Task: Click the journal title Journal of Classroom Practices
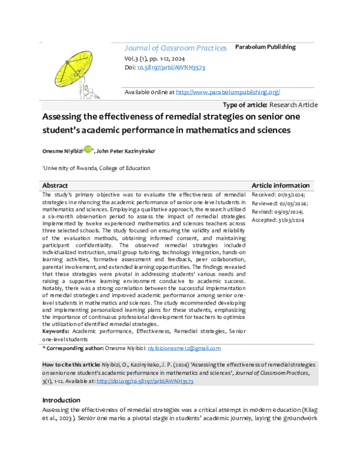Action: [175, 48]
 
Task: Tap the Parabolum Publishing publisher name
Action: [265, 47]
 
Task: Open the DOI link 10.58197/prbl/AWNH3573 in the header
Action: [171, 68]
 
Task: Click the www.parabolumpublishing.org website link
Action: [227, 92]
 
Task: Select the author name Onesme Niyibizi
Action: [62, 151]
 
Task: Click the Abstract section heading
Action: [55, 186]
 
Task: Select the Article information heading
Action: [280, 186]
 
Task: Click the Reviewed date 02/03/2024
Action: [279, 203]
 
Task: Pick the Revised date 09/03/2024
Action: [277, 211]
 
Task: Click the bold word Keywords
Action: [55, 331]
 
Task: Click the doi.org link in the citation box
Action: [144, 381]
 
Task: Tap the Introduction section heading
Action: [61, 400]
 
